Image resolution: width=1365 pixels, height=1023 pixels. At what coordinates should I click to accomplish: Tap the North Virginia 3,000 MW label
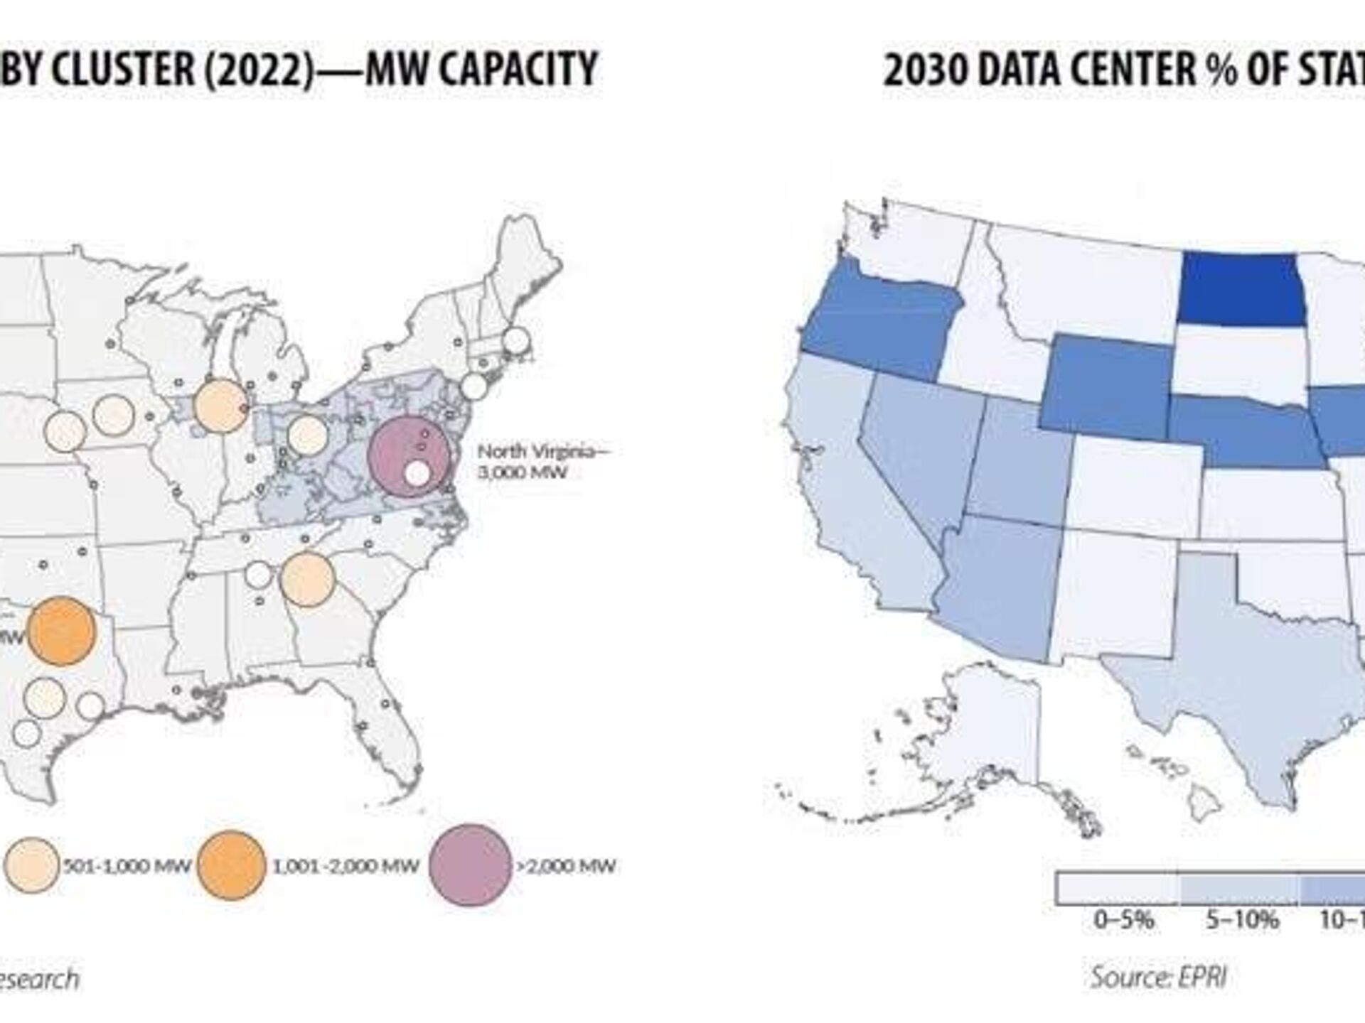pyautogui.click(x=542, y=461)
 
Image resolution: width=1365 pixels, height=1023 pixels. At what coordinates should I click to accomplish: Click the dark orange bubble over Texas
pyautogui.click(x=61, y=631)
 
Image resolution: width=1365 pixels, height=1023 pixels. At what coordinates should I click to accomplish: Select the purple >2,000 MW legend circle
pyautogui.click(x=470, y=865)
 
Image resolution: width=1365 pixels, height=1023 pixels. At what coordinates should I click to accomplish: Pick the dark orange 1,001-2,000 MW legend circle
pyautogui.click(x=231, y=865)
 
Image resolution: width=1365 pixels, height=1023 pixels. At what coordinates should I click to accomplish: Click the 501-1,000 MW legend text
pyautogui.click(x=127, y=866)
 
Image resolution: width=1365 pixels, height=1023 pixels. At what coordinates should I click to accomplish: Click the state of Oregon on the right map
pyautogui.click(x=882, y=320)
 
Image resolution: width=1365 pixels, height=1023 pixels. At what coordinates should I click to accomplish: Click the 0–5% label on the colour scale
pyautogui.click(x=1123, y=920)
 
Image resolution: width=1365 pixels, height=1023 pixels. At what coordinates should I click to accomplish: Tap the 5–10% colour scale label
pyautogui.click(x=1241, y=920)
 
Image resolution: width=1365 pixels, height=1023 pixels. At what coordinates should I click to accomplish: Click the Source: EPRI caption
pyautogui.click(x=1159, y=977)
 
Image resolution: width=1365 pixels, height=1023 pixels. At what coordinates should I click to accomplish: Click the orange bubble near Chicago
pyautogui.click(x=220, y=406)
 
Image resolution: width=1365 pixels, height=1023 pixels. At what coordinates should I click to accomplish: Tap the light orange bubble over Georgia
pyautogui.click(x=307, y=579)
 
